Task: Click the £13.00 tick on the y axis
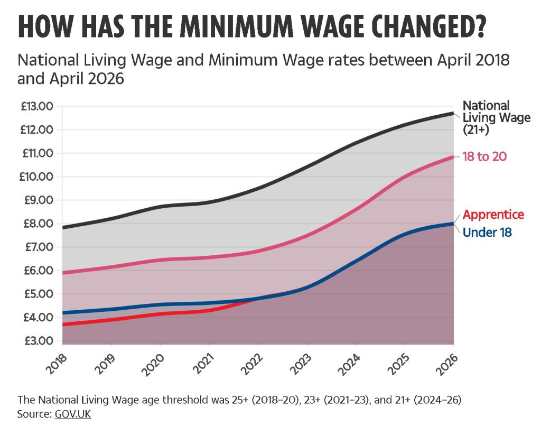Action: click(x=37, y=106)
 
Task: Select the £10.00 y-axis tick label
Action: click(x=37, y=177)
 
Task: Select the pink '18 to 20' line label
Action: click(x=485, y=156)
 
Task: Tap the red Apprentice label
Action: click(x=493, y=215)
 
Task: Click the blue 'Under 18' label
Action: click(x=487, y=232)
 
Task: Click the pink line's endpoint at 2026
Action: click(x=453, y=156)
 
